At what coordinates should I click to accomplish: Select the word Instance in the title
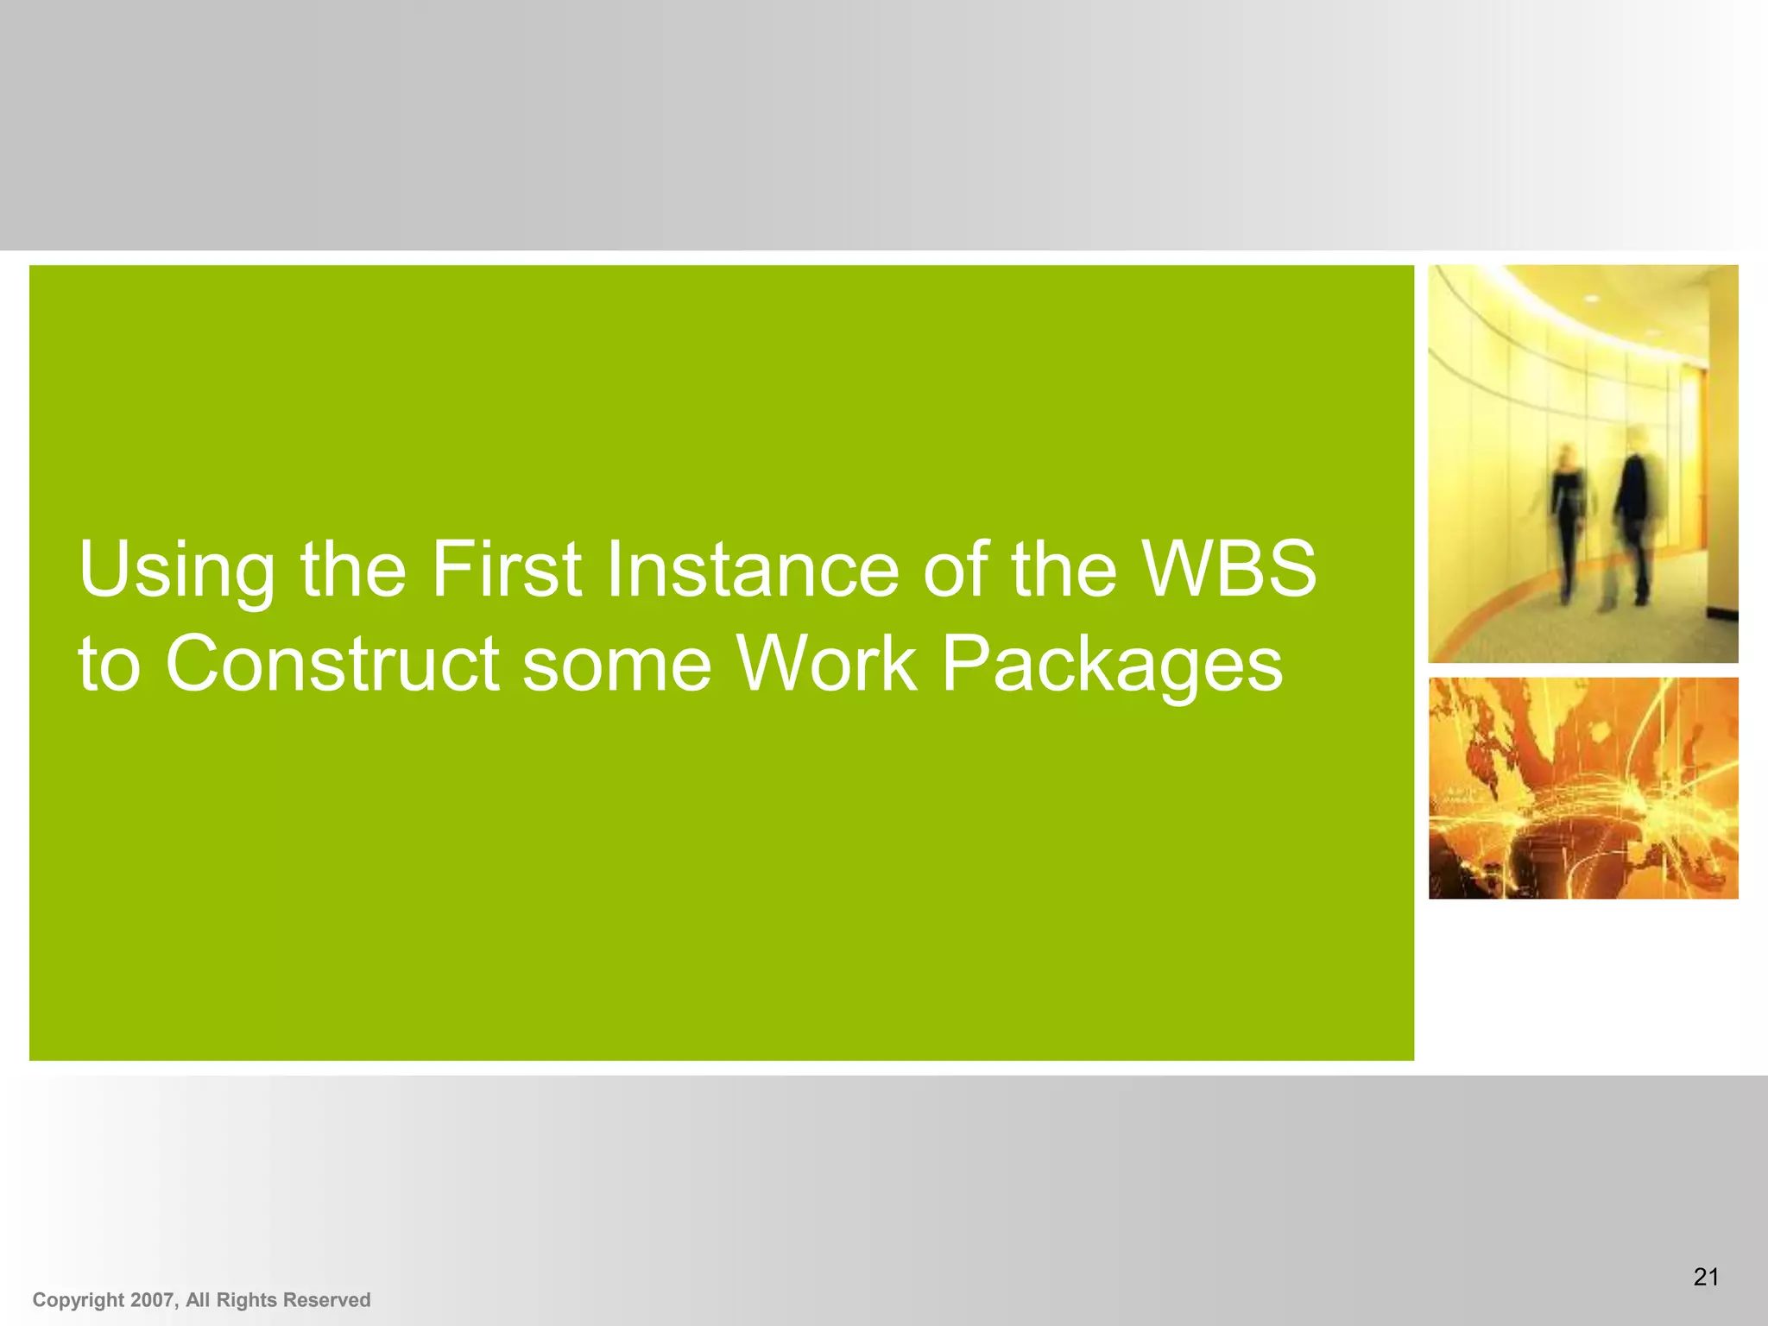pyautogui.click(x=753, y=570)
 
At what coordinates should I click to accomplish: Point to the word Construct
pyautogui.click(x=332, y=664)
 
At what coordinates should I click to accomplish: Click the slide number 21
pyautogui.click(x=1706, y=1277)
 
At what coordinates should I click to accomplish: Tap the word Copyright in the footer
pyautogui.click(x=79, y=1300)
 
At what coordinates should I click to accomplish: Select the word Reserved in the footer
pyautogui.click(x=326, y=1300)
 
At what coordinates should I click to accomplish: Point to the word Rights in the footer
pyautogui.click(x=246, y=1300)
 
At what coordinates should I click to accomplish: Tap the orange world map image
pyautogui.click(x=1582, y=788)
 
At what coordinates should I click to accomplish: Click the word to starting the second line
pyautogui.click(x=109, y=664)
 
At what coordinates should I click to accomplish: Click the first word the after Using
pyautogui.click(x=353, y=570)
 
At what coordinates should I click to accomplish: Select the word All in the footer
pyautogui.click(x=198, y=1300)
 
